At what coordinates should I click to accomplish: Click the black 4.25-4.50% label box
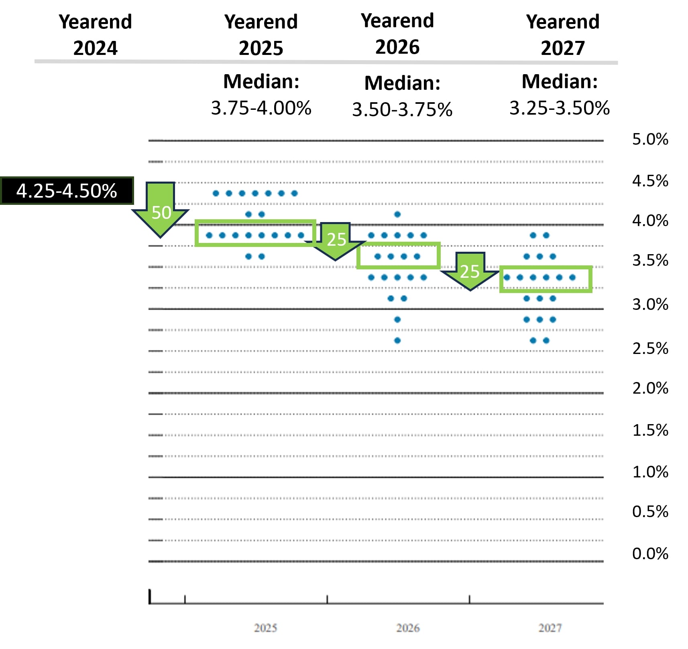pos(67,191)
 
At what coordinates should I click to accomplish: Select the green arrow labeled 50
pos(161,210)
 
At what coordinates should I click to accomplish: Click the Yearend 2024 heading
pos(96,35)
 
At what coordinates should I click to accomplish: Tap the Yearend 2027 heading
pos(563,35)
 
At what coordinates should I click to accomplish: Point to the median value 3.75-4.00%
pos(261,108)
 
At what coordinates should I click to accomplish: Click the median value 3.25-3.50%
pos(560,108)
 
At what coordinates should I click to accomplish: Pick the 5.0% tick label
pos(650,140)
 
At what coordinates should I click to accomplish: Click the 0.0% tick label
pos(650,554)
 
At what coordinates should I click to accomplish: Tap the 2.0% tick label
pos(650,388)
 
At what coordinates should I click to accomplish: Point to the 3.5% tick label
pos(650,261)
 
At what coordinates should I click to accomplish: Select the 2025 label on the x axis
pos(265,628)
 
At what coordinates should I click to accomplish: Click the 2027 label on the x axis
pos(550,628)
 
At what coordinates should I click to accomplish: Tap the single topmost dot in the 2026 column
pos(397,214)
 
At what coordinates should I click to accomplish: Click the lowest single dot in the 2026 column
pos(397,341)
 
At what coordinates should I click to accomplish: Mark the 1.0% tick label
pos(650,472)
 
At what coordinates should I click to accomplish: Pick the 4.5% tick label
pos(650,181)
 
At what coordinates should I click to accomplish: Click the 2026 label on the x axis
pos(408,628)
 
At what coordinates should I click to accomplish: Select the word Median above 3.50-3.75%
pos(402,83)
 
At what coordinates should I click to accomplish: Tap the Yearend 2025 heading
pos(261,35)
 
